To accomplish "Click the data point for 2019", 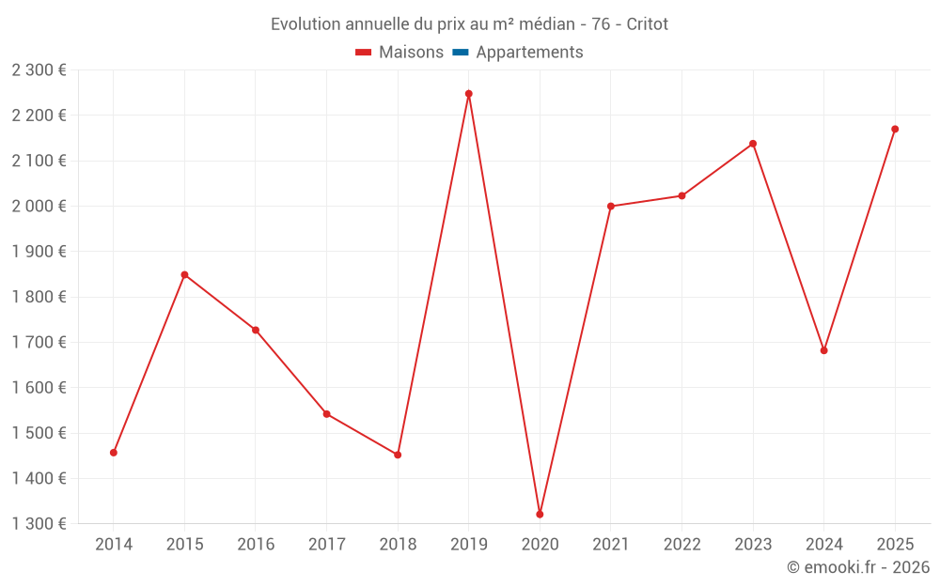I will click(x=469, y=94).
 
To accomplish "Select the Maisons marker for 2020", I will click(x=540, y=514).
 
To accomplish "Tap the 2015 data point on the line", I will click(x=184, y=274).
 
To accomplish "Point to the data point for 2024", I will click(x=824, y=350).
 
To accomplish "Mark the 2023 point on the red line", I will click(x=753, y=144).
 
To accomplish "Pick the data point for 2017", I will click(x=327, y=414).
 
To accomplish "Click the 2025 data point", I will click(x=895, y=129).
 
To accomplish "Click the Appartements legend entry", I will click(x=529, y=53).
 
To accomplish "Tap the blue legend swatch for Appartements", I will click(x=461, y=53).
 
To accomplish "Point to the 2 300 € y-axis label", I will click(x=39, y=70).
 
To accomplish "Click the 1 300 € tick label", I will click(x=39, y=524).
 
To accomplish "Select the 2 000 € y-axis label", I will click(x=39, y=207).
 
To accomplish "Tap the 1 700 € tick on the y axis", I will click(x=39, y=343).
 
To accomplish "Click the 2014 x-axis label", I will click(x=114, y=545).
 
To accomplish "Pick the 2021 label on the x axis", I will click(x=611, y=545).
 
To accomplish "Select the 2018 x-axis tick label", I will click(x=398, y=545).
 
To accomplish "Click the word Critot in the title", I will click(x=647, y=24).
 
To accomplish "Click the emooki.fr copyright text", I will click(x=858, y=567).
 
